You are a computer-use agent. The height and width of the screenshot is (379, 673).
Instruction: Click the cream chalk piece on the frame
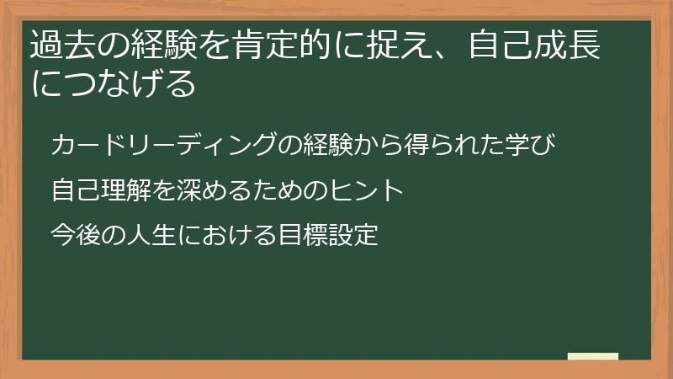tap(593, 356)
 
